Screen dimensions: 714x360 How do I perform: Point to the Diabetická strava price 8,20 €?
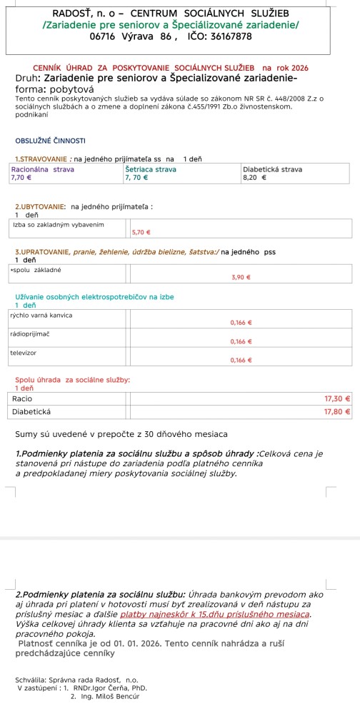[x=254, y=176]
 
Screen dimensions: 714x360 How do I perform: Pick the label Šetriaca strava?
[x=151, y=169]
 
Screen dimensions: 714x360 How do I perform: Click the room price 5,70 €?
[x=141, y=232]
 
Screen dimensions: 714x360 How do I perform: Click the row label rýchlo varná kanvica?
[x=42, y=315]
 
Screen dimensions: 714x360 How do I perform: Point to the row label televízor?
[x=24, y=353]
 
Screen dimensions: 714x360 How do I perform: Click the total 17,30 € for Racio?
[x=337, y=398]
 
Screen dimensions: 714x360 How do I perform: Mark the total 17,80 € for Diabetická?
[x=337, y=412]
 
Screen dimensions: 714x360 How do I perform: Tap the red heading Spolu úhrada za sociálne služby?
[x=72, y=380]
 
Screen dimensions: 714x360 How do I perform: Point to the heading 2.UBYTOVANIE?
[x=40, y=207]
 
